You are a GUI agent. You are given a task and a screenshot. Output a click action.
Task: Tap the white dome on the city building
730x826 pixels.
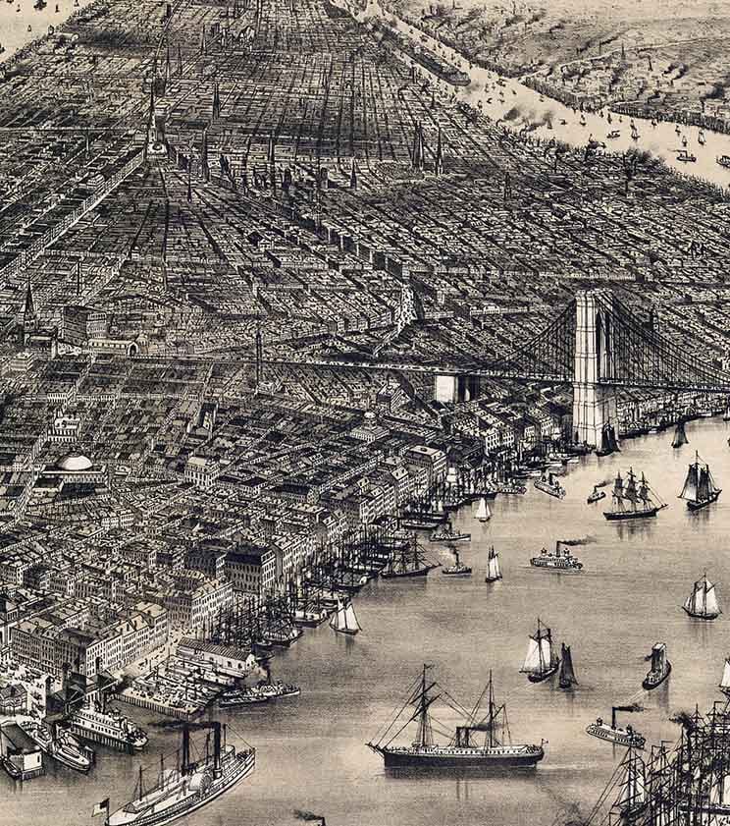77,462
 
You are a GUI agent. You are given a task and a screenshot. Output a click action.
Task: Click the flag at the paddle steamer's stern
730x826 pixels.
99,806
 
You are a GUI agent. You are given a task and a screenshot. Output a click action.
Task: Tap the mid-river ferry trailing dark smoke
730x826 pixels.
555,560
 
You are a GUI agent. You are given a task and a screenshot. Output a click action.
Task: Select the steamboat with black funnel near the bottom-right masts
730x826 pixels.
615,731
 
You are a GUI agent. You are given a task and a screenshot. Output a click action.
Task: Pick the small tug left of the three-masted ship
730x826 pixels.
596,494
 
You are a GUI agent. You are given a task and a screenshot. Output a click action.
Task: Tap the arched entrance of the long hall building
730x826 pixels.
132,347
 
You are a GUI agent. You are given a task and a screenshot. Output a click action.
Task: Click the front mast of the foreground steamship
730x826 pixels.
424,707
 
